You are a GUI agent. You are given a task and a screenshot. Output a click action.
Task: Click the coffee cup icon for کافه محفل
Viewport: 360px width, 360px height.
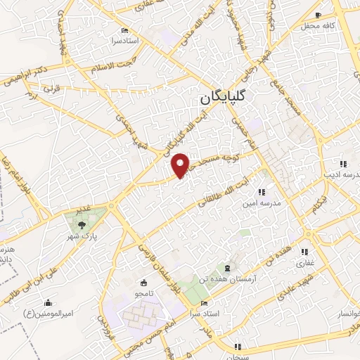(x=319, y=15)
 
